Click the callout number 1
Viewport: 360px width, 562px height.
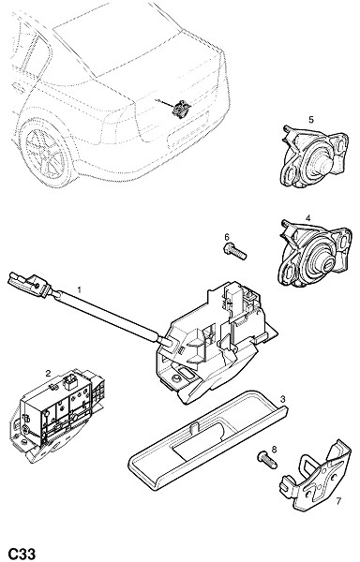(80, 289)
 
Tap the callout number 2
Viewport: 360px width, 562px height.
(48, 374)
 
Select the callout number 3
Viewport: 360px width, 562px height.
(282, 399)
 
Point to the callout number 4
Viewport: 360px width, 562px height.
(308, 217)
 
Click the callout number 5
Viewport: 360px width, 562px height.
(311, 120)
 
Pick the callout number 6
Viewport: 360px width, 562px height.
(227, 237)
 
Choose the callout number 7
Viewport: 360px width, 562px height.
(337, 501)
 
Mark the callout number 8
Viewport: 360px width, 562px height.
(275, 450)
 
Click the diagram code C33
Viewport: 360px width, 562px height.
(22, 554)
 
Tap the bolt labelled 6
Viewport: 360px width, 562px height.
(235, 251)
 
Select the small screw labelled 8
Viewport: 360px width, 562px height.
(267, 460)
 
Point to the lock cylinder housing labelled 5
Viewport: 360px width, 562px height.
(313, 156)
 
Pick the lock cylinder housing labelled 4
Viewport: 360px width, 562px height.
(314, 254)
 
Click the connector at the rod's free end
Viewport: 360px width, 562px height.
(29, 284)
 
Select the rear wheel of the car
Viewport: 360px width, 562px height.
(47, 154)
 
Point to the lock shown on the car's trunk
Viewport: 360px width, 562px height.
(180, 109)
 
